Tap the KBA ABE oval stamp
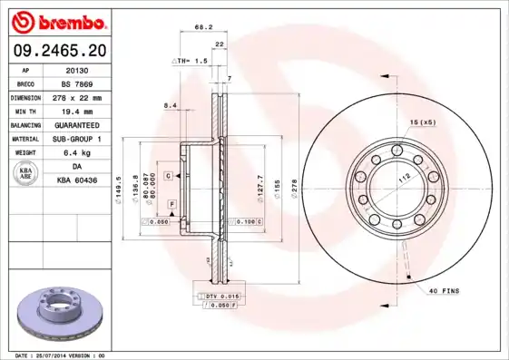tap(26, 173)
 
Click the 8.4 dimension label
tap(170, 106)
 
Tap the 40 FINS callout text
tap(445, 291)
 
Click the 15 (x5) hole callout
tap(422, 122)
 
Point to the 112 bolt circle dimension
tap(396, 179)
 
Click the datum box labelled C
tap(168, 174)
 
